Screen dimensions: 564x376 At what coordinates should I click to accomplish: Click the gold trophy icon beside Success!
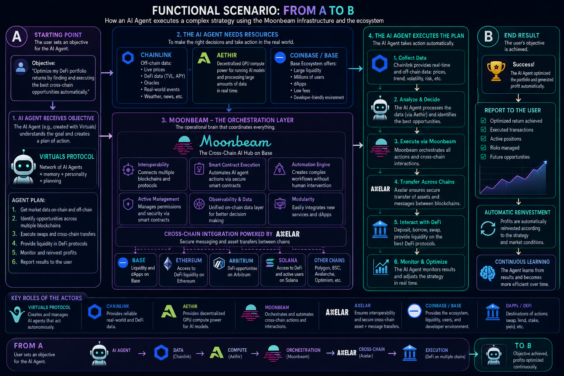click(496, 71)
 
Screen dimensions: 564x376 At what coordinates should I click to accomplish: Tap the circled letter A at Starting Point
click(17, 36)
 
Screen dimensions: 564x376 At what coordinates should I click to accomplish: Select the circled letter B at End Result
click(488, 36)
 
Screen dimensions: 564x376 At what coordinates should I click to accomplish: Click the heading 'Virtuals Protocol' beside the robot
click(67, 157)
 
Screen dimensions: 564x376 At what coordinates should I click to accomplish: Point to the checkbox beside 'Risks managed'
click(484, 148)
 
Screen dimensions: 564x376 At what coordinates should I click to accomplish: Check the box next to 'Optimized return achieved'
click(484, 120)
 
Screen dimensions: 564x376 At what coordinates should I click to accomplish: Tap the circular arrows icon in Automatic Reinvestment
click(488, 228)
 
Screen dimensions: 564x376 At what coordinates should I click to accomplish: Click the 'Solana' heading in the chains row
click(288, 260)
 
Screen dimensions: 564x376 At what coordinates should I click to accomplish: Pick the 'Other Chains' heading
click(329, 260)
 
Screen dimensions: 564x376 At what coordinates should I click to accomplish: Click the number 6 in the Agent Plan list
click(14, 262)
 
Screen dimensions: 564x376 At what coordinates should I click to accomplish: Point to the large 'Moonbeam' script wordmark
click(235, 141)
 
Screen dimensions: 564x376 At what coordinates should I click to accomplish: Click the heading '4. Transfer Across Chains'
click(424, 182)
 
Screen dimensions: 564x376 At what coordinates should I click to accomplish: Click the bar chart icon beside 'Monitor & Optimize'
click(381, 267)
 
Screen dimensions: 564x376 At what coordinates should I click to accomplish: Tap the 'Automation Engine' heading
click(311, 164)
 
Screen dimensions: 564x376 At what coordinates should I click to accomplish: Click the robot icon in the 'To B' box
click(494, 355)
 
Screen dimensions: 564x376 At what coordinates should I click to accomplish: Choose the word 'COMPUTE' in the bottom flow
click(237, 350)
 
